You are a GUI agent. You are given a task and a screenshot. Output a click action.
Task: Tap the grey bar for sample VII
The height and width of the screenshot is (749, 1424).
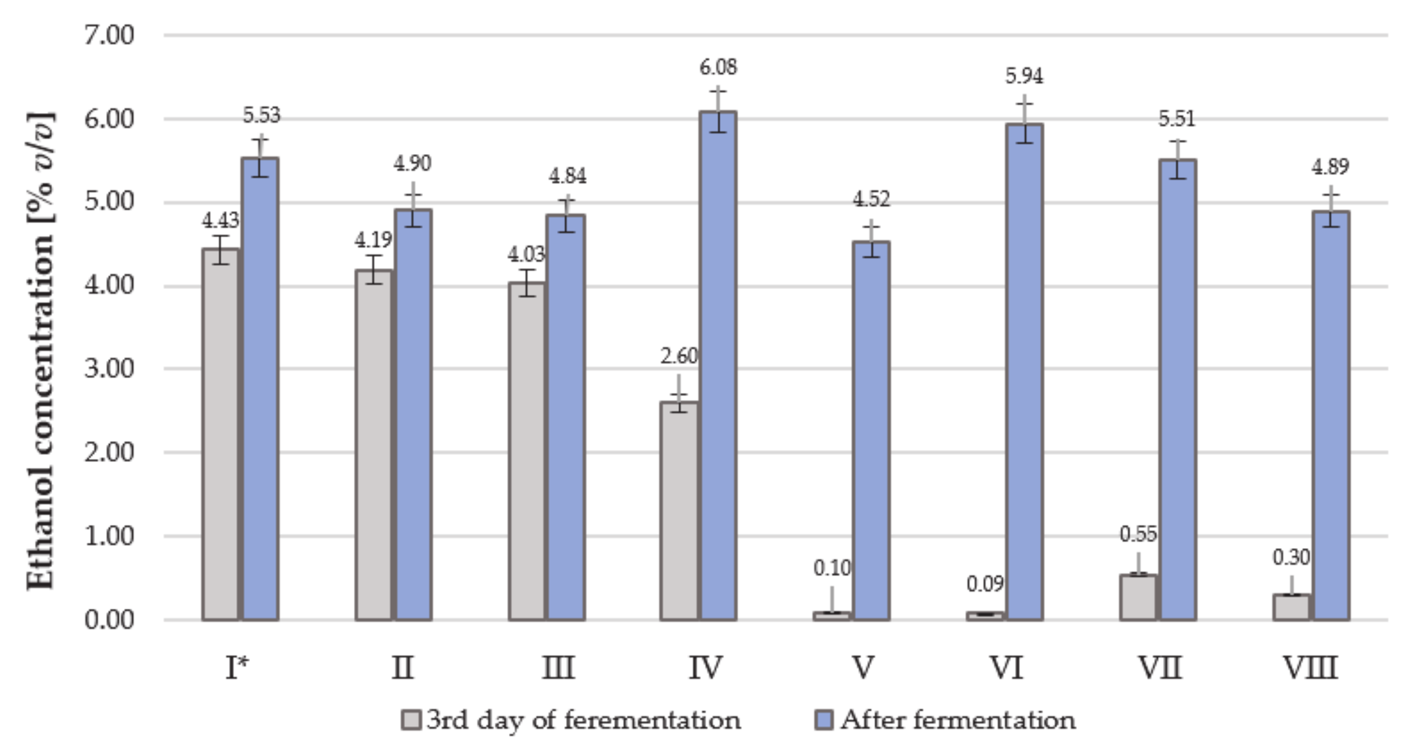(x=1138, y=597)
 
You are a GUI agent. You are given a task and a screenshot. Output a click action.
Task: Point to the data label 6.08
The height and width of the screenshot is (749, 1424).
(x=718, y=68)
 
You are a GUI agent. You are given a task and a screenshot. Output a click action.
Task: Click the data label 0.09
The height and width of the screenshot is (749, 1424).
(x=985, y=584)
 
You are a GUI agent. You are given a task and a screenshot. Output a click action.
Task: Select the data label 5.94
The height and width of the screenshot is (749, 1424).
(x=1024, y=76)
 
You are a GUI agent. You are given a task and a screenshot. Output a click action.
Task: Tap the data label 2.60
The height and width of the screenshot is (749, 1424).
(x=679, y=356)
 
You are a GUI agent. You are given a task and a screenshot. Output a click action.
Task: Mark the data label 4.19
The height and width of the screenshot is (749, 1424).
(x=373, y=240)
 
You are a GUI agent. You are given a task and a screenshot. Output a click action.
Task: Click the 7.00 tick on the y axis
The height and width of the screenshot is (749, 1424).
(x=109, y=35)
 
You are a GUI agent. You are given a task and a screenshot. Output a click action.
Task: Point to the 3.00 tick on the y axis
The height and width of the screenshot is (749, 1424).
(x=109, y=368)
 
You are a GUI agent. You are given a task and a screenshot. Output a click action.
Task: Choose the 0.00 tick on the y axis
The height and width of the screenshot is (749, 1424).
(x=109, y=620)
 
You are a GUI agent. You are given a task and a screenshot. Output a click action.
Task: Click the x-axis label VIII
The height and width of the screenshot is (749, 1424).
(x=1310, y=668)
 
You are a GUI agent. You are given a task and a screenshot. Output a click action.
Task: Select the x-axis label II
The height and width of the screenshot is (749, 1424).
(x=402, y=668)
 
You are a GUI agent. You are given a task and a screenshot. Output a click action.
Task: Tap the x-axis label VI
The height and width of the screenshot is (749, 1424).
(x=1006, y=668)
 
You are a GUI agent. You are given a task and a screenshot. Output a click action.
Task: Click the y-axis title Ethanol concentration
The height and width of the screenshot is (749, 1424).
(x=42, y=351)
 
